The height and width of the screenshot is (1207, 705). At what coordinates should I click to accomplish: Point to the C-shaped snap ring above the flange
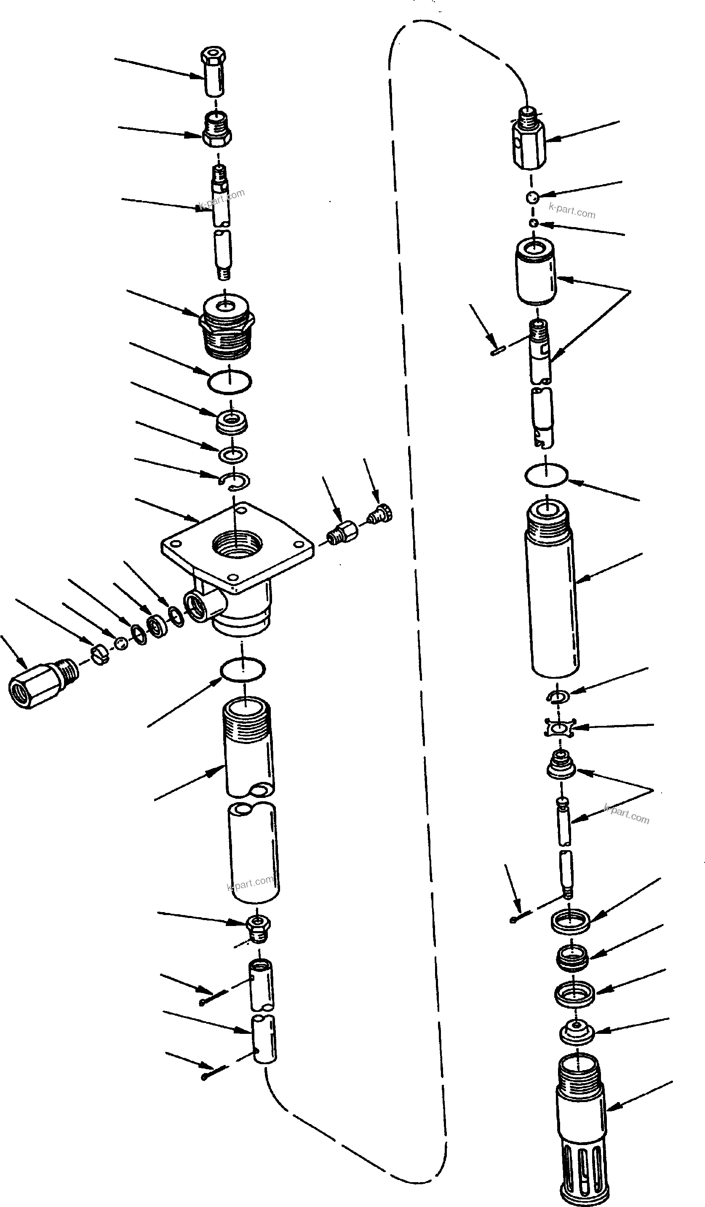[x=235, y=482]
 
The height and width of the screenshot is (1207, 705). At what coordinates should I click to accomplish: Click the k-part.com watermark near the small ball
[x=572, y=211]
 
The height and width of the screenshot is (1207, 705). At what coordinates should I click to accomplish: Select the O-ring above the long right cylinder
[x=546, y=476]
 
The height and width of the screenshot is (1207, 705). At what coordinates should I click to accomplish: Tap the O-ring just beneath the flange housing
[x=243, y=669]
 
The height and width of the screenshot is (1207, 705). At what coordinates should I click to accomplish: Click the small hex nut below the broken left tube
[x=258, y=925]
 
